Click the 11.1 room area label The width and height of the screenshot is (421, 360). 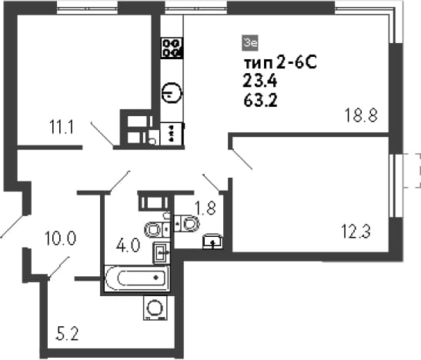(x=62, y=127)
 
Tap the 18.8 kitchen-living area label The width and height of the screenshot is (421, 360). (x=361, y=115)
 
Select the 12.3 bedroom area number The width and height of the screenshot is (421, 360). (x=356, y=232)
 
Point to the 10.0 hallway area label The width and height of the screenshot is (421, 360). (x=60, y=238)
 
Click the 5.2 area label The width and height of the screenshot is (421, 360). (x=67, y=334)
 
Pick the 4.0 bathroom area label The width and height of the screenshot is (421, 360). (x=128, y=245)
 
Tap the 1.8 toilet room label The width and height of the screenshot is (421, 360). (x=205, y=208)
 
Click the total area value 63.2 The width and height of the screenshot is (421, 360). (x=260, y=101)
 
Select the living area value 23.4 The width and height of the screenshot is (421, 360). (x=259, y=81)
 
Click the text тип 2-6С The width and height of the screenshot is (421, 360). (x=280, y=63)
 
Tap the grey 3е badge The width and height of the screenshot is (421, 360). (x=250, y=43)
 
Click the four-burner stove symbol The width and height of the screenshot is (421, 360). (x=172, y=48)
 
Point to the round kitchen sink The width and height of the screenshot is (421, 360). (x=172, y=92)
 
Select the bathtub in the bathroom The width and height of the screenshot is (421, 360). (x=138, y=278)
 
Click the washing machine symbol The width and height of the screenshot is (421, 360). (x=155, y=308)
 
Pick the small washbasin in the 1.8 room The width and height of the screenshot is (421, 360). (x=213, y=242)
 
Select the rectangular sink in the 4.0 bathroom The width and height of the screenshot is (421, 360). (x=162, y=252)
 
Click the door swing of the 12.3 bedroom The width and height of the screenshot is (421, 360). (x=240, y=159)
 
